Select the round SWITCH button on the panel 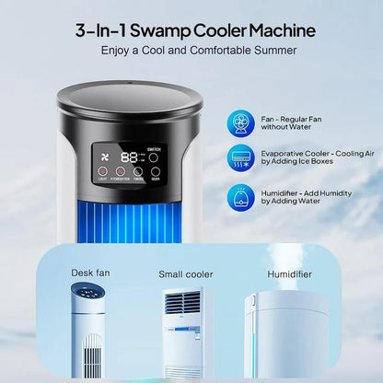pyautogui.click(x=155, y=157)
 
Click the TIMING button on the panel pyautogui.click(x=138, y=170)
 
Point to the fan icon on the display pyautogui.click(x=100, y=156)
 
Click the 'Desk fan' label pyautogui.click(x=90, y=273)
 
